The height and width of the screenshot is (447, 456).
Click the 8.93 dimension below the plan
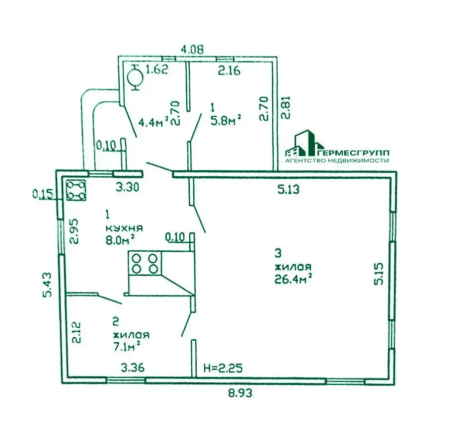[240, 393]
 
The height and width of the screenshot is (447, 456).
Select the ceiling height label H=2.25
[223, 368]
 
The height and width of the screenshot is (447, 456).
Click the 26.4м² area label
[294, 279]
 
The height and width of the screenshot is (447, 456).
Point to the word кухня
[124, 227]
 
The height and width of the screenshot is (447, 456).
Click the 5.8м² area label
[226, 120]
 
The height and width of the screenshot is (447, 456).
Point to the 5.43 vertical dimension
[47, 285]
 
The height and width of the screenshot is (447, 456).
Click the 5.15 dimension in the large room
[379, 274]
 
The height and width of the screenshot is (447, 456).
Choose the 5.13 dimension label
[289, 190]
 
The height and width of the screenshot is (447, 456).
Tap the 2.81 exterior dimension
[286, 107]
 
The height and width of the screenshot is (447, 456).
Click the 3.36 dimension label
[133, 368]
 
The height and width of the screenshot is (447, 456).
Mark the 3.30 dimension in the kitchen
[127, 187]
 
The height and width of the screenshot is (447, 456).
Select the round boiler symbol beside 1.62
[136, 77]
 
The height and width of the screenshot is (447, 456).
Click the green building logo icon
[304, 143]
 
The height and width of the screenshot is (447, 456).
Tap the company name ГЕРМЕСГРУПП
[352, 152]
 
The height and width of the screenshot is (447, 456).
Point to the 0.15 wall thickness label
[42, 194]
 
